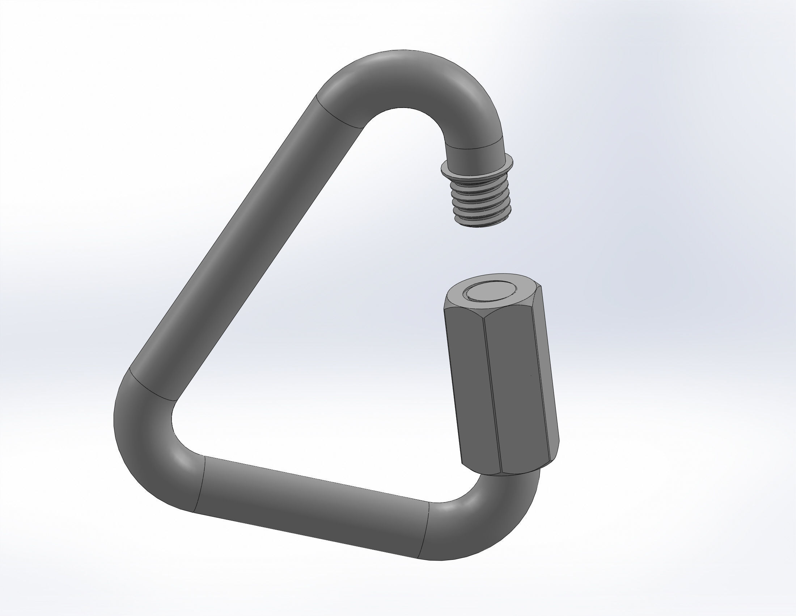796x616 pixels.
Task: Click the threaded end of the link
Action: click(x=480, y=201)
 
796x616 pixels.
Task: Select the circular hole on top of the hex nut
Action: click(x=489, y=292)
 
